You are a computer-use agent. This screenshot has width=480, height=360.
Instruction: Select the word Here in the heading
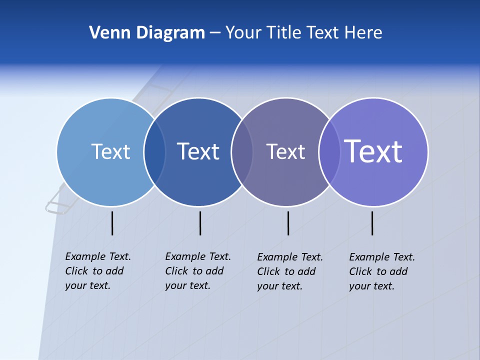click(x=363, y=32)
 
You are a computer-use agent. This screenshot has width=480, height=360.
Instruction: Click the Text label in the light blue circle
click(x=110, y=151)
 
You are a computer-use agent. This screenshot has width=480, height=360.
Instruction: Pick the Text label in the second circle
click(x=198, y=151)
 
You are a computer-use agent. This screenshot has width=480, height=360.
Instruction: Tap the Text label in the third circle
click(x=285, y=152)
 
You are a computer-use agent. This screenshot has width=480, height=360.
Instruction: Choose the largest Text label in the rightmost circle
click(x=373, y=151)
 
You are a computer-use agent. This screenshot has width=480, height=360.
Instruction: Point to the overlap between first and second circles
click(x=154, y=152)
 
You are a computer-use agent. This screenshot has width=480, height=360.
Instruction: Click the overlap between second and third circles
click(x=242, y=152)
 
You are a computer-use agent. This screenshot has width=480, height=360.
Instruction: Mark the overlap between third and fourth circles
click(x=329, y=152)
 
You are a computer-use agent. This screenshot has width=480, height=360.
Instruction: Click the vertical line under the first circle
click(x=112, y=223)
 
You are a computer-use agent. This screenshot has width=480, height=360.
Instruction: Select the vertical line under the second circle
click(x=200, y=223)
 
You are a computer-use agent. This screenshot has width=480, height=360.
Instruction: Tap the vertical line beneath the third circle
click(x=288, y=223)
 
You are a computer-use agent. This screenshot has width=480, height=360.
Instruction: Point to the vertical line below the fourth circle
click(x=372, y=223)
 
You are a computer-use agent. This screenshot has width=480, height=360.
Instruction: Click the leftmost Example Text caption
click(x=98, y=271)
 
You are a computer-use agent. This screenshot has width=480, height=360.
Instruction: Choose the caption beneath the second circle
click(x=198, y=271)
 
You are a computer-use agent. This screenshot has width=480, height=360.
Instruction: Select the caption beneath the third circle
click(x=290, y=271)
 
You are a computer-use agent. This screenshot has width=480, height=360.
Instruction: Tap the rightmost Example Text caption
click(x=382, y=271)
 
